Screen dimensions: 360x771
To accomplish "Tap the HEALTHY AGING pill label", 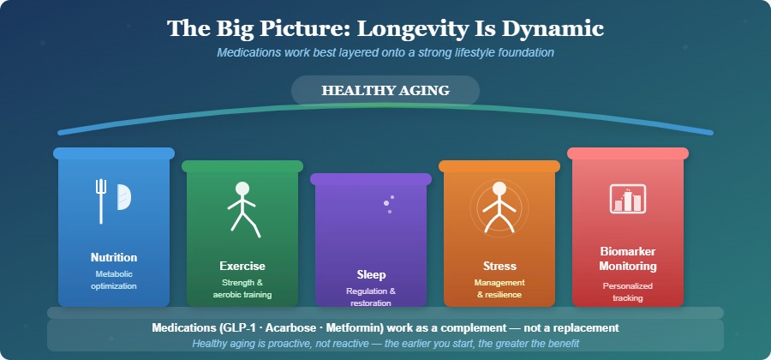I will coord(385,91).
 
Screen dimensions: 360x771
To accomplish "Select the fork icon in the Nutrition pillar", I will coord(101,200).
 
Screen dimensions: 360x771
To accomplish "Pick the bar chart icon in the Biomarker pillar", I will coord(628,198).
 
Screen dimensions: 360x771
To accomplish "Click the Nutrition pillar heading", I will coord(114,257).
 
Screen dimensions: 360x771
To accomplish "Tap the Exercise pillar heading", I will coord(242,266).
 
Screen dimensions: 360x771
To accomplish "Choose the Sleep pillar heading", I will coord(371,274).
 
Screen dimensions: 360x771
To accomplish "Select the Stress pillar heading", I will coord(499,266).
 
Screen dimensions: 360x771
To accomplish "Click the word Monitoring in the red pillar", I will coord(628,266).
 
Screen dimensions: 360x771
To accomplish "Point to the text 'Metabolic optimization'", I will coord(114,279).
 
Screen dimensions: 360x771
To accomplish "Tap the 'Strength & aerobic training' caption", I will coord(242,288).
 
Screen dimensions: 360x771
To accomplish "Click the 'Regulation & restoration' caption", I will coord(371,297).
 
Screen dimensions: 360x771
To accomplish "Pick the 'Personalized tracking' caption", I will coord(628,291).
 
